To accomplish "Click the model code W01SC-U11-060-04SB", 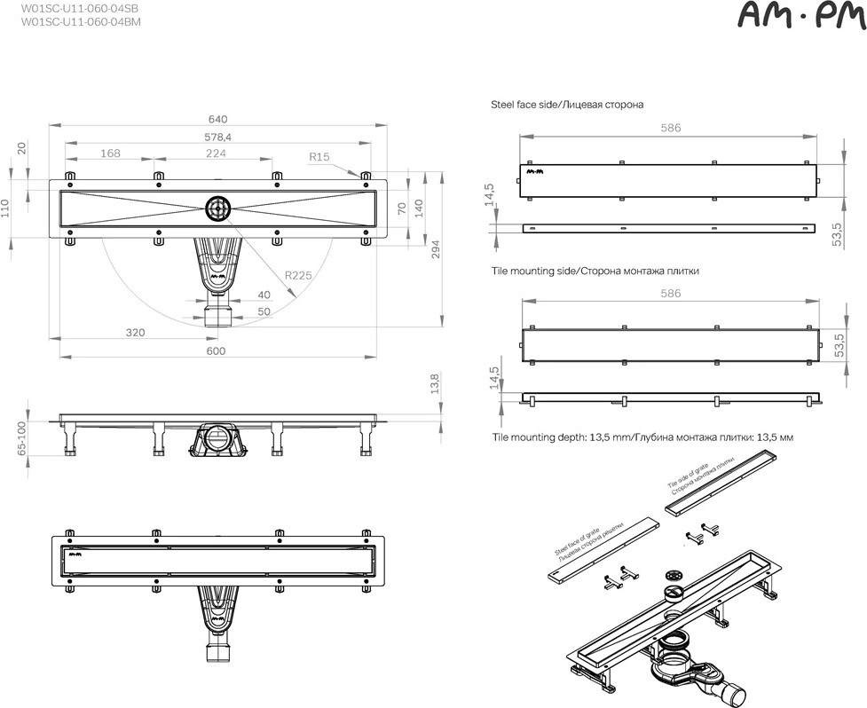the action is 80,9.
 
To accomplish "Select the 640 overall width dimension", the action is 217,119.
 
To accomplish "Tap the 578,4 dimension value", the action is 217,137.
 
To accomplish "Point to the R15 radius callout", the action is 319,156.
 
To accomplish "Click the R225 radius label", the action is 298,275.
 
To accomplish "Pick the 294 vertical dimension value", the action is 435,250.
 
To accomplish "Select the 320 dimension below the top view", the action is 136,332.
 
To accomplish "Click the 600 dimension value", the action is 216,350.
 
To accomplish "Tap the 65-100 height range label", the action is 22,438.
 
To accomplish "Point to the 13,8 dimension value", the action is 434,383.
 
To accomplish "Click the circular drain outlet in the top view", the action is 219,208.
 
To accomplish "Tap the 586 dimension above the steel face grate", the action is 671,128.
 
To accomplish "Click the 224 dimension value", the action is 216,153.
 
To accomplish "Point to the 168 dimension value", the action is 110,153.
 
